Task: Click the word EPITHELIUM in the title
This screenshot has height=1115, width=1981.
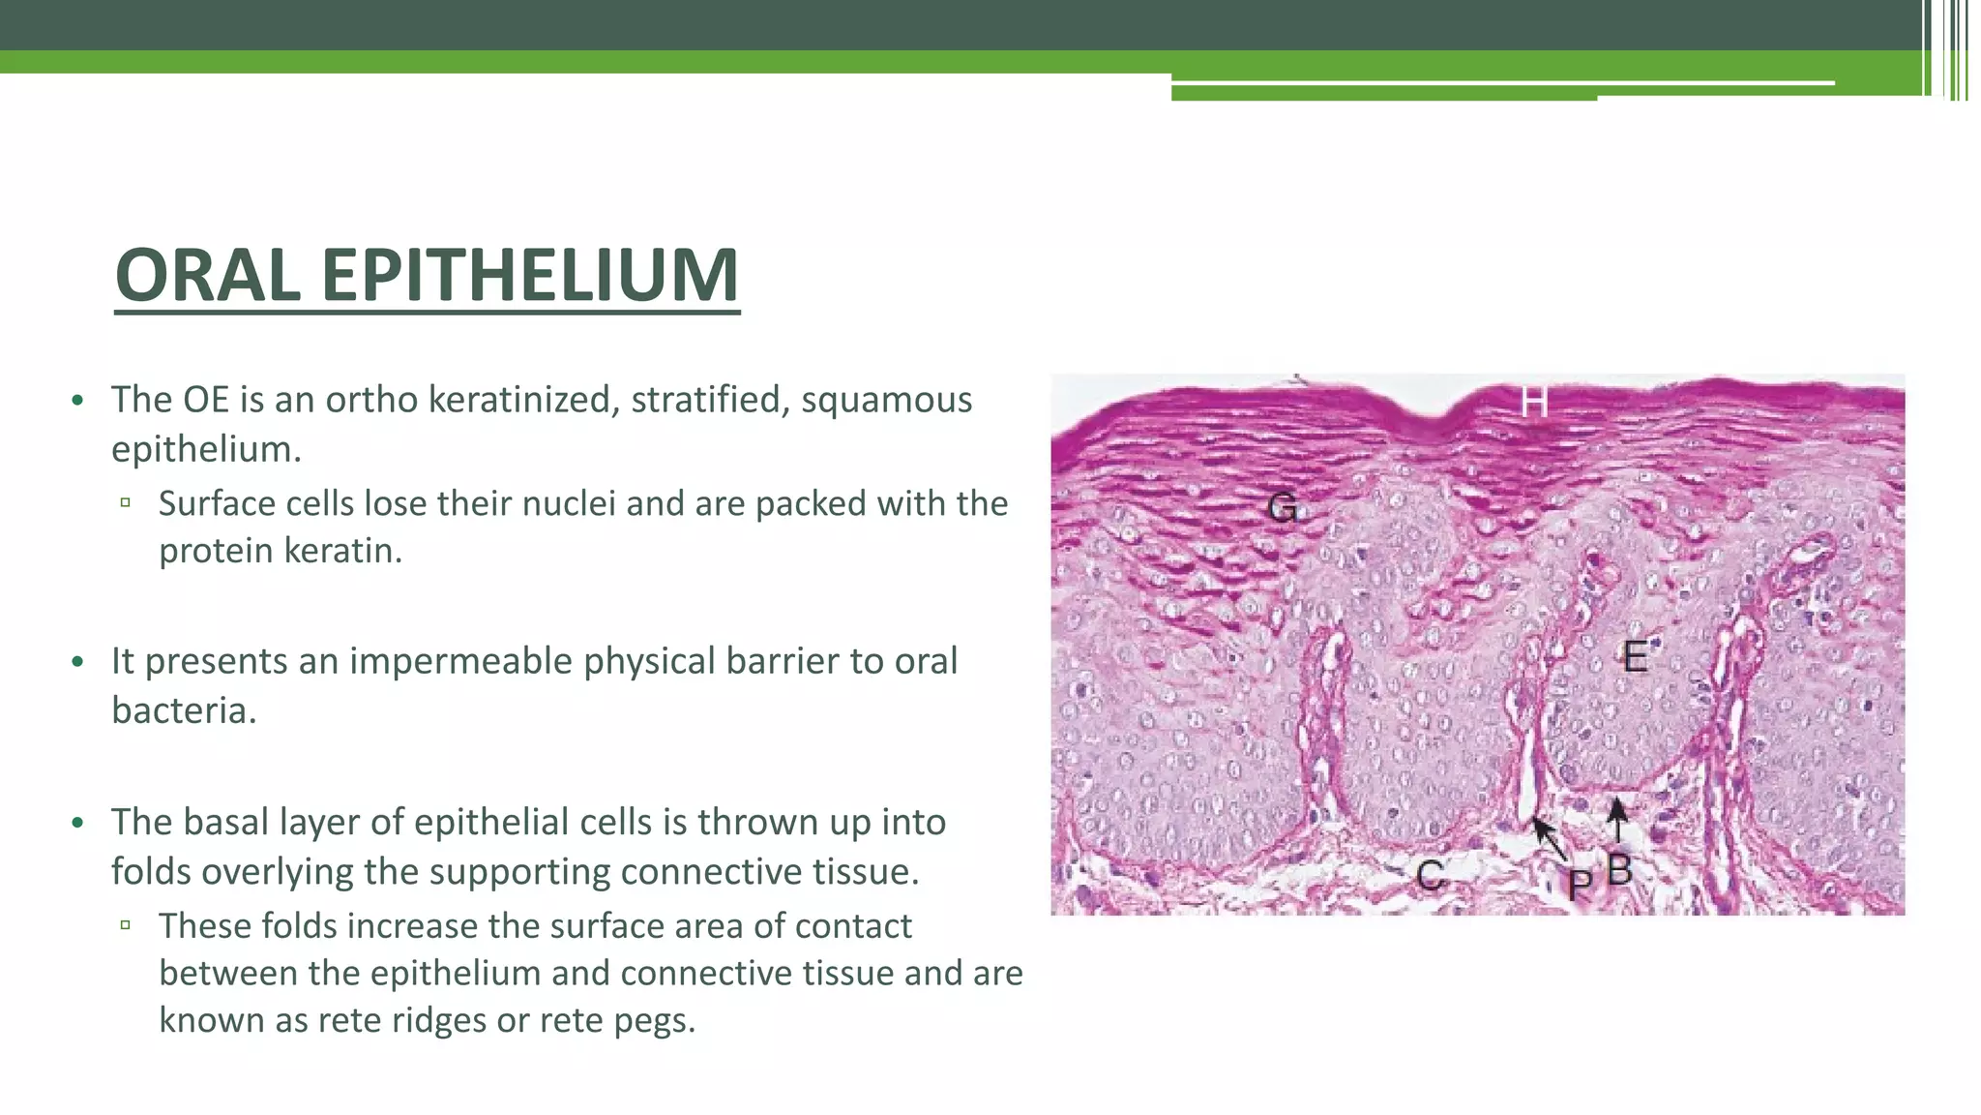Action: pyautogui.click(x=530, y=276)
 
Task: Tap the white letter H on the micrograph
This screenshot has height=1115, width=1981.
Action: pyautogui.click(x=1533, y=402)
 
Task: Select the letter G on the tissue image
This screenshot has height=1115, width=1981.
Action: pyautogui.click(x=1283, y=507)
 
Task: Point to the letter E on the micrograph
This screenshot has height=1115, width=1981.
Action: pyautogui.click(x=1635, y=657)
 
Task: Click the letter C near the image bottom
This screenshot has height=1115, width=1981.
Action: pyautogui.click(x=1430, y=876)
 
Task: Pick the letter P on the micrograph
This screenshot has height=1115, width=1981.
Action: pyautogui.click(x=1580, y=884)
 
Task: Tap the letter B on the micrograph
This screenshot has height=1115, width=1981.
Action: pyautogui.click(x=1620, y=870)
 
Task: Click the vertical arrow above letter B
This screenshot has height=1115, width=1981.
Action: pyautogui.click(x=1617, y=820)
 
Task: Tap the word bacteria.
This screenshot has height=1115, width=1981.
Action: pyautogui.click(x=184, y=710)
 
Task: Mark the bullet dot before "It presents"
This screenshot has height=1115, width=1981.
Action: pyautogui.click(x=77, y=662)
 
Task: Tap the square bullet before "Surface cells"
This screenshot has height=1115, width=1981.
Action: pyautogui.click(x=126, y=502)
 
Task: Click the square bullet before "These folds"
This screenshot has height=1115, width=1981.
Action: pyautogui.click(x=126, y=924)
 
